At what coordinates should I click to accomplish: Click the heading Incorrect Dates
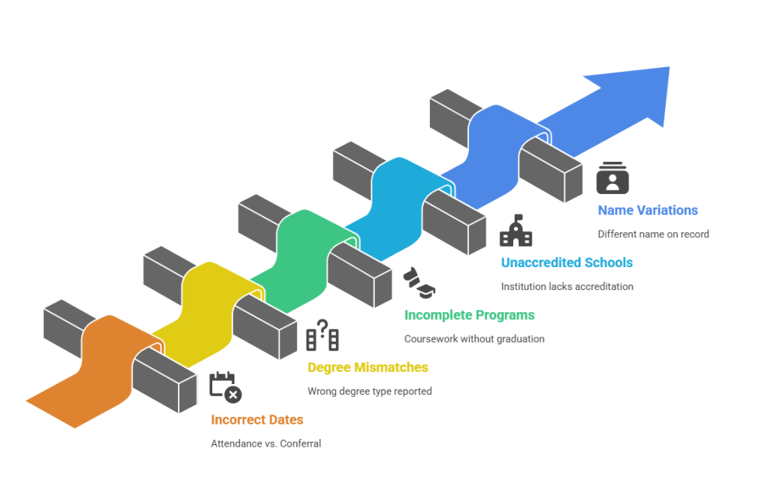point(257,420)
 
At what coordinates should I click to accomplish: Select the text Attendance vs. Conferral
point(266,443)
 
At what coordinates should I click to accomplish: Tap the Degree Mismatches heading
point(367,367)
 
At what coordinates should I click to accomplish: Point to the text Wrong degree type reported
point(370,391)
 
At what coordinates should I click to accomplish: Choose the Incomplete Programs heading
point(469,315)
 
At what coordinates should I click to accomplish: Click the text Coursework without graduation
point(473,339)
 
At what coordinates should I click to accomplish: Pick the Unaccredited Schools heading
point(567,263)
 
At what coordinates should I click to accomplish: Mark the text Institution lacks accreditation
point(567,286)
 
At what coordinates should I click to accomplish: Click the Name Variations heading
point(648,210)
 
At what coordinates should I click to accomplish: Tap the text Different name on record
point(653,234)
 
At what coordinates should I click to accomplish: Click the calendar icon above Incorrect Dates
point(225,386)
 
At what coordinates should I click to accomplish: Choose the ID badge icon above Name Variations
point(612,178)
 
